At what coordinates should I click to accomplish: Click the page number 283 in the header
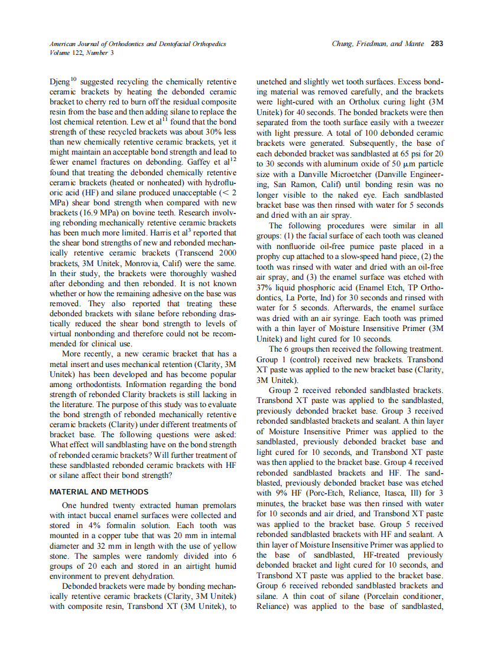coord(437,44)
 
